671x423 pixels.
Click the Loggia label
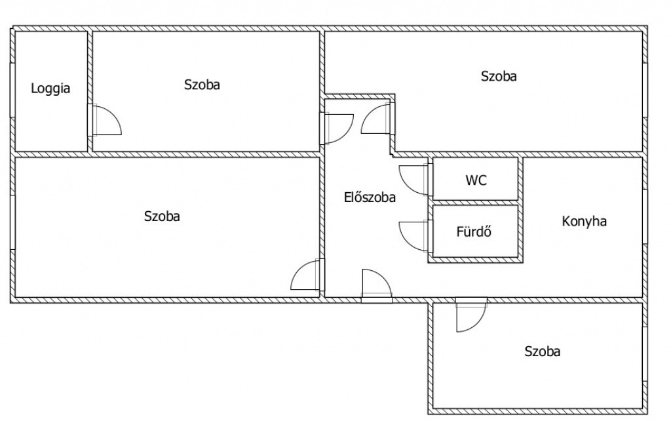[50, 89]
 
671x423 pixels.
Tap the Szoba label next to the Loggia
[202, 85]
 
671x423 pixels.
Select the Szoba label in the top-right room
[499, 76]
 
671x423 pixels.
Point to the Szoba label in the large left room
[162, 216]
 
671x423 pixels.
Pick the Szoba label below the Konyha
[542, 351]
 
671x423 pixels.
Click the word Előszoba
[370, 197]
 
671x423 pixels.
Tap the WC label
[476, 180]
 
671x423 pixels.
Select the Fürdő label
[474, 232]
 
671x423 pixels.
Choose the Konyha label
[584, 221]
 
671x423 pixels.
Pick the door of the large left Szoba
[298, 268]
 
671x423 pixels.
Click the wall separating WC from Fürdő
[476, 203]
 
